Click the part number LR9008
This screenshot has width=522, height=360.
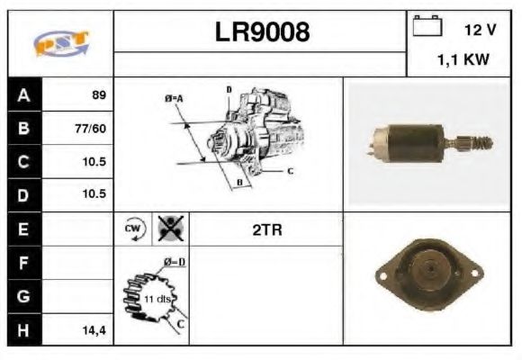pyautogui.click(x=262, y=32)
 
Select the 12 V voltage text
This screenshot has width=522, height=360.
pyautogui.click(x=480, y=30)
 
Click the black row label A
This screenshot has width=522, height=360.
pyautogui.click(x=23, y=94)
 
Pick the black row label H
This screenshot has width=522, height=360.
pyautogui.click(x=23, y=330)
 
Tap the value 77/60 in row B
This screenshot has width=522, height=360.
pyautogui.click(x=92, y=128)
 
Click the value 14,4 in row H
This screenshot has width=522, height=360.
pyautogui.click(x=93, y=330)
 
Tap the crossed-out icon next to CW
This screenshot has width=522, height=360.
pyautogui.click(x=167, y=229)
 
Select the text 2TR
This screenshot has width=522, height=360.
pyautogui.click(x=267, y=230)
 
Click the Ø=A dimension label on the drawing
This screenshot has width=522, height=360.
pyautogui.click(x=173, y=97)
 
